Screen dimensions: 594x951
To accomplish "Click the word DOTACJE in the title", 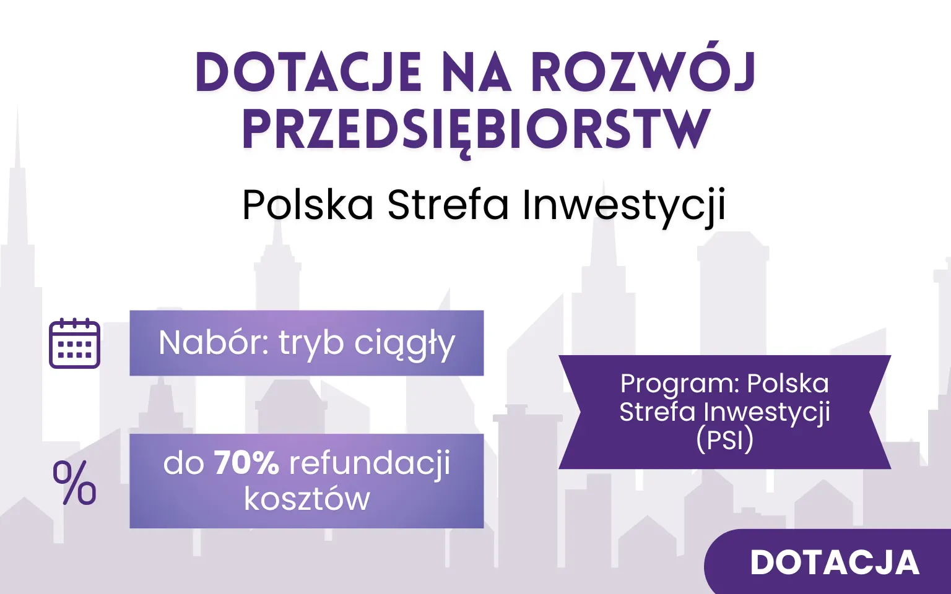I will (308, 73).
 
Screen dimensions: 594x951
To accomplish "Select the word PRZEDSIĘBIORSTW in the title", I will (475, 131).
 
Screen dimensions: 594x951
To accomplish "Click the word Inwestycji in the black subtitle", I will (623, 205).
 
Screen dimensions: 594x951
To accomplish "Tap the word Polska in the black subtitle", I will (308, 205).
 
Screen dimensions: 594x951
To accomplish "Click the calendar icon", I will (74, 343).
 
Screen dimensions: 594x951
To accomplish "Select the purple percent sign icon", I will (74, 483).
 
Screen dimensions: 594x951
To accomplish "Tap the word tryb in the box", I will (311, 344).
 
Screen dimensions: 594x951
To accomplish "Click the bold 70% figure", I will (246, 463).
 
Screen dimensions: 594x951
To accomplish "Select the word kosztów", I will (306, 499).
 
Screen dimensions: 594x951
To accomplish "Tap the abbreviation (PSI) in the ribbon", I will (724, 440).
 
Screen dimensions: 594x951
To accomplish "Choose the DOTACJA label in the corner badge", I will (835, 562).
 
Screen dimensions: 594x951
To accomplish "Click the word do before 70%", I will (183, 463).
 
